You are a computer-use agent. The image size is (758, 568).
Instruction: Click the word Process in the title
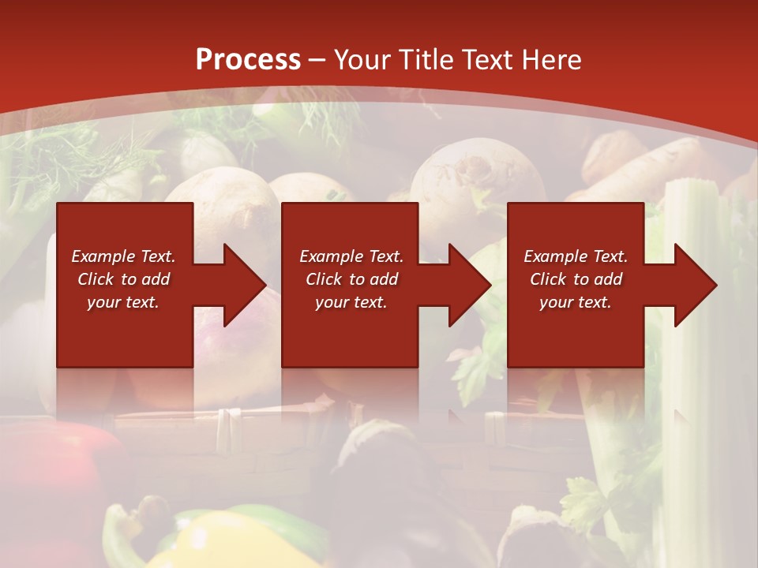tap(248, 60)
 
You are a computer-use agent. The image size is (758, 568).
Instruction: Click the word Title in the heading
tap(428, 60)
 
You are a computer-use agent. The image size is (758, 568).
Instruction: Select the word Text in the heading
tap(487, 60)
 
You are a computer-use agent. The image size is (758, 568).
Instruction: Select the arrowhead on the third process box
tap(694, 285)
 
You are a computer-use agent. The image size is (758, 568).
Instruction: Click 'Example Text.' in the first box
tap(123, 256)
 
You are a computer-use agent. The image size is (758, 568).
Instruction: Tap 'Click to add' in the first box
tap(123, 279)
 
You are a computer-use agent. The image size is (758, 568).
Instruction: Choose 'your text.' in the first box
tap(123, 302)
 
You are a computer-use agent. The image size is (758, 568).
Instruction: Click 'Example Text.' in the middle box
tap(351, 256)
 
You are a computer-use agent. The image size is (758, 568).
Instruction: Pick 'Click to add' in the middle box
tap(351, 279)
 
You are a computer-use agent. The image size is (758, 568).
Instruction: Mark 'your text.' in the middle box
tap(351, 302)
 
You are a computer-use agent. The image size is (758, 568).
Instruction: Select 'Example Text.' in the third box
tap(576, 256)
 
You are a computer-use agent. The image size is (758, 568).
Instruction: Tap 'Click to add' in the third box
tap(576, 279)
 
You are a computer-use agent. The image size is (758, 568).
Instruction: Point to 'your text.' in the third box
tap(576, 302)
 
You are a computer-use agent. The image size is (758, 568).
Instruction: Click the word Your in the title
tap(364, 60)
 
